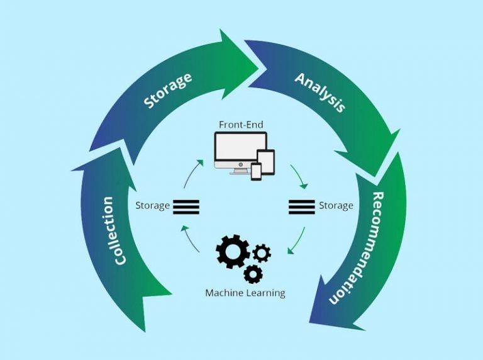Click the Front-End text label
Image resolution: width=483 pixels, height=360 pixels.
click(241, 124)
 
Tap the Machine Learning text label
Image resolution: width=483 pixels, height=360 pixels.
click(245, 293)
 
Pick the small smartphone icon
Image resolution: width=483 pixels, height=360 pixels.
click(256, 171)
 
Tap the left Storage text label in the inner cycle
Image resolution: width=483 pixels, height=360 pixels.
click(152, 206)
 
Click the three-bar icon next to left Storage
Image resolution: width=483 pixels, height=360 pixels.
click(186, 206)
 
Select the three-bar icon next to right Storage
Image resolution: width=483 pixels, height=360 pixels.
click(301, 206)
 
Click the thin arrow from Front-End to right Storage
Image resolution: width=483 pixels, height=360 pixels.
click(300, 177)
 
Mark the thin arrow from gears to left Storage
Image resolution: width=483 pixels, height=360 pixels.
click(190, 238)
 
